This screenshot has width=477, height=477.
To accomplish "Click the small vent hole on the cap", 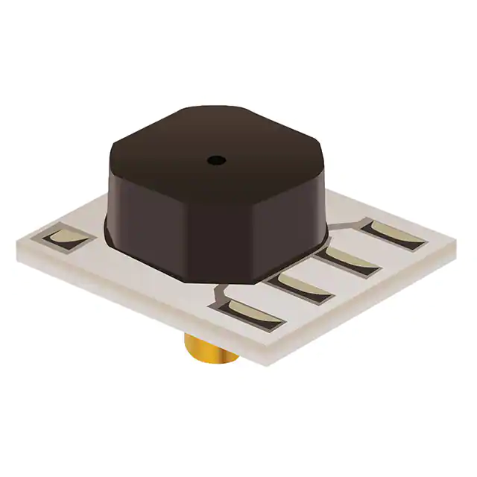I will click(216, 159).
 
